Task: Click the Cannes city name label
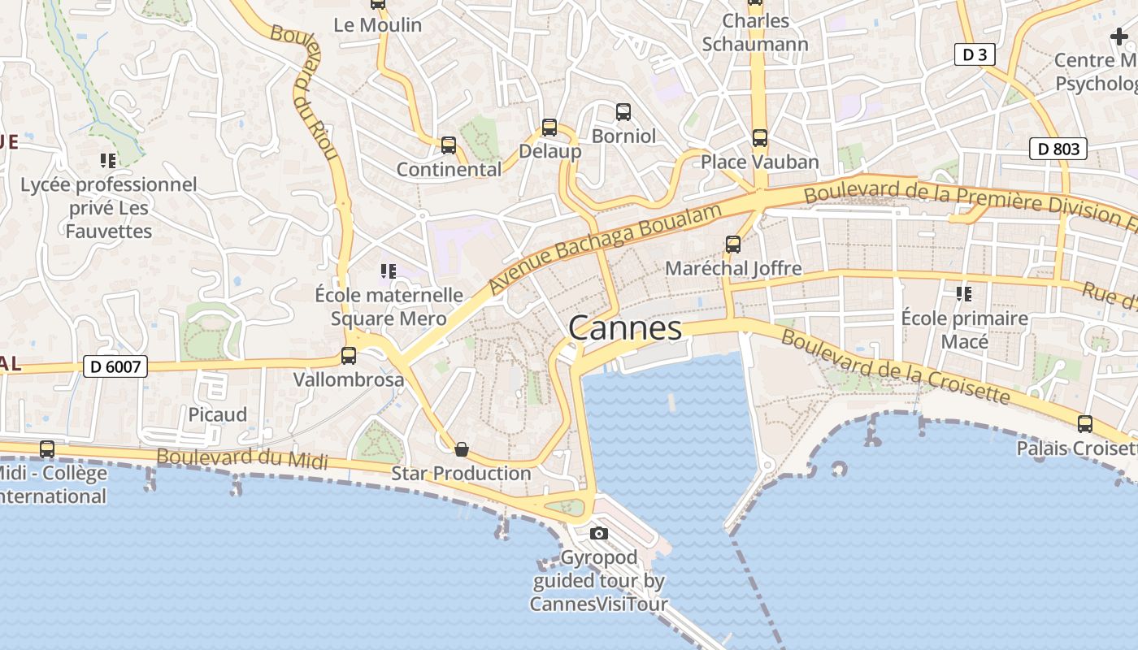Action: tap(625, 328)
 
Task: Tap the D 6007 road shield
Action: tap(115, 367)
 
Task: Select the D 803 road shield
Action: tap(1058, 149)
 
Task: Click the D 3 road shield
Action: tap(974, 54)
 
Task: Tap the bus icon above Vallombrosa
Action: tap(349, 355)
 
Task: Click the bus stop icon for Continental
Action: tap(448, 145)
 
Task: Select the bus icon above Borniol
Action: tap(623, 112)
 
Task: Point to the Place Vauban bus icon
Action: tap(759, 138)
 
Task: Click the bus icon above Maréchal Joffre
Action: tap(733, 244)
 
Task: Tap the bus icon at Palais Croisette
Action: tap(1084, 423)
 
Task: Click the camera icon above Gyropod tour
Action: tap(599, 533)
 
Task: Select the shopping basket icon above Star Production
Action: tap(462, 449)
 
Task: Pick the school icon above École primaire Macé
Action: tap(964, 293)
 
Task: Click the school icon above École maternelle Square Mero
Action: tap(389, 271)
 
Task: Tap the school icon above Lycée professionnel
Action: tap(107, 161)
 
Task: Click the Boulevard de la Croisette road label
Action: tap(894, 367)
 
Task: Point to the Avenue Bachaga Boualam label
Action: tap(606, 249)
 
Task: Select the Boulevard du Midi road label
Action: tap(241, 459)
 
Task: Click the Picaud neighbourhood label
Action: tap(217, 414)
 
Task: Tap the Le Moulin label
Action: tap(378, 25)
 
